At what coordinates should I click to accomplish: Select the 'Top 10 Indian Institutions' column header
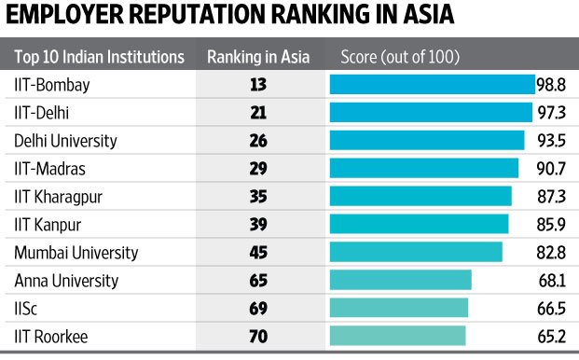tap(99, 56)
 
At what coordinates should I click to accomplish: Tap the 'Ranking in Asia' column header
tap(258, 56)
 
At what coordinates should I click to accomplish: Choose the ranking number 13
tap(258, 85)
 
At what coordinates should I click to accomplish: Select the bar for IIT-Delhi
tap(431, 113)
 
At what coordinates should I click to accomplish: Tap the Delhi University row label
tap(65, 141)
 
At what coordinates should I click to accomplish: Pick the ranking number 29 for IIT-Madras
tap(258, 169)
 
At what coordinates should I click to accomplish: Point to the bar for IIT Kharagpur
tap(420, 196)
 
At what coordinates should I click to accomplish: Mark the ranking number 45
tap(258, 252)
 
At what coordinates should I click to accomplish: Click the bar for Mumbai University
tap(416, 252)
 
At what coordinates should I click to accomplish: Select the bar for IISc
tap(399, 308)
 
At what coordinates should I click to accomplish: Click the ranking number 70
tap(258, 335)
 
